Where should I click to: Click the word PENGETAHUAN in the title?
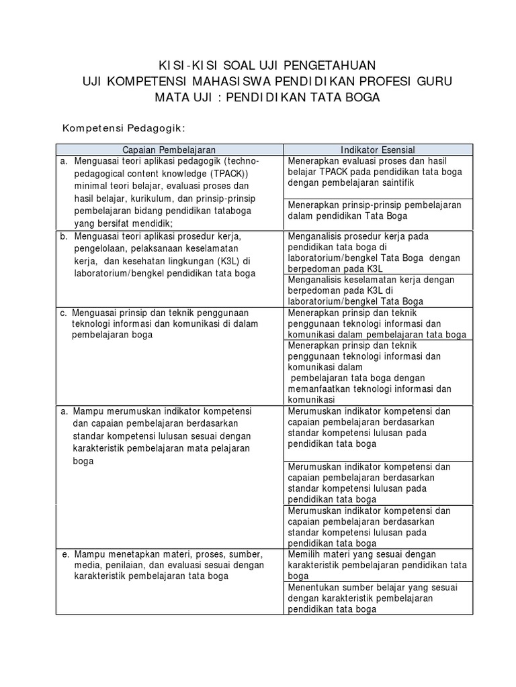click(330, 65)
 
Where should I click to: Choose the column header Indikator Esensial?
click(378, 150)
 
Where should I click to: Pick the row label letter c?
click(63, 313)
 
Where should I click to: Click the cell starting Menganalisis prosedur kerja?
click(377, 252)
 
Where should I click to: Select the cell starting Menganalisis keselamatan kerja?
click(377, 290)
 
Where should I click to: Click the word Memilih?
click(304, 554)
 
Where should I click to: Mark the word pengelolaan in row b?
click(102, 249)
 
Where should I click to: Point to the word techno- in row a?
click(243, 161)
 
